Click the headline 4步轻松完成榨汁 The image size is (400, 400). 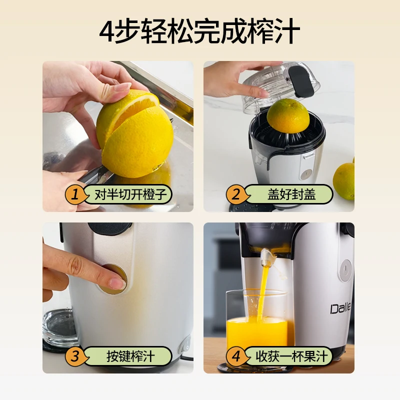click(200, 31)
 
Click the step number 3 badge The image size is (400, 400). click(74, 356)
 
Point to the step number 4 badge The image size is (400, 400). click(235, 356)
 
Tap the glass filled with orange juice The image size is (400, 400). click(256, 325)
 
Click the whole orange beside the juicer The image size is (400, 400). click(345, 180)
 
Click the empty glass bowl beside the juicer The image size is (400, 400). click(59, 327)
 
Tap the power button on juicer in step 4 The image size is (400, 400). click(345, 270)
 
